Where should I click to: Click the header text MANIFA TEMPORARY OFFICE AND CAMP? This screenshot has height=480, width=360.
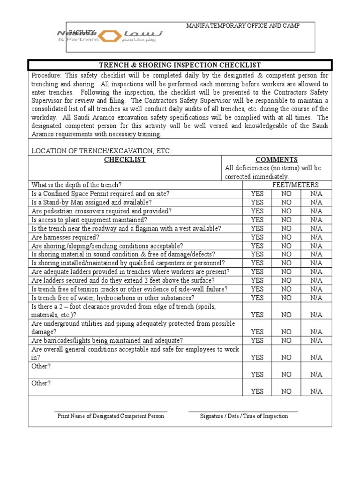click(x=243, y=26)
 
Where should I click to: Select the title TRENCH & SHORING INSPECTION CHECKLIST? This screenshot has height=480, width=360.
click(x=180, y=65)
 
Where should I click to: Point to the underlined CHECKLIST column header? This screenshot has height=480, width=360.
click(x=125, y=160)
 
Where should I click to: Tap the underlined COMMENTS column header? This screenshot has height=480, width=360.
click(x=276, y=160)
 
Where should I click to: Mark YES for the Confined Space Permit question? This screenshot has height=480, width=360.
click(x=257, y=194)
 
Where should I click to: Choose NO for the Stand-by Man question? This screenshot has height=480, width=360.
click(x=286, y=202)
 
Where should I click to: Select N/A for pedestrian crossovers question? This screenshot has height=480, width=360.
click(x=316, y=211)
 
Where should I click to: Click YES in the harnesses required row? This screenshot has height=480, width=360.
click(x=257, y=237)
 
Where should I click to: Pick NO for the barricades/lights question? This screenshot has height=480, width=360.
click(x=286, y=340)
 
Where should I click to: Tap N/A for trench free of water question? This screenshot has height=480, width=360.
click(x=316, y=298)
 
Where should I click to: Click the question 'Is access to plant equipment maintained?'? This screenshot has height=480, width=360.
click(x=89, y=219)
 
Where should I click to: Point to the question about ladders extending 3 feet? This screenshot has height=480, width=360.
click(x=123, y=280)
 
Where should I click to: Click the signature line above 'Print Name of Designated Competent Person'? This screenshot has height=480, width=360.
click(x=111, y=412)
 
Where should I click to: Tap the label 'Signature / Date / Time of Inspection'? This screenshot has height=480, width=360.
click(x=244, y=416)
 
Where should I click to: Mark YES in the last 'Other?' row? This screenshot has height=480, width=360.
click(x=257, y=391)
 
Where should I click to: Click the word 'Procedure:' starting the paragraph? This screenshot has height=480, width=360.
click(x=46, y=75)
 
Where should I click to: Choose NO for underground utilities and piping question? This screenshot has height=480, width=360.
click(x=286, y=331)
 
